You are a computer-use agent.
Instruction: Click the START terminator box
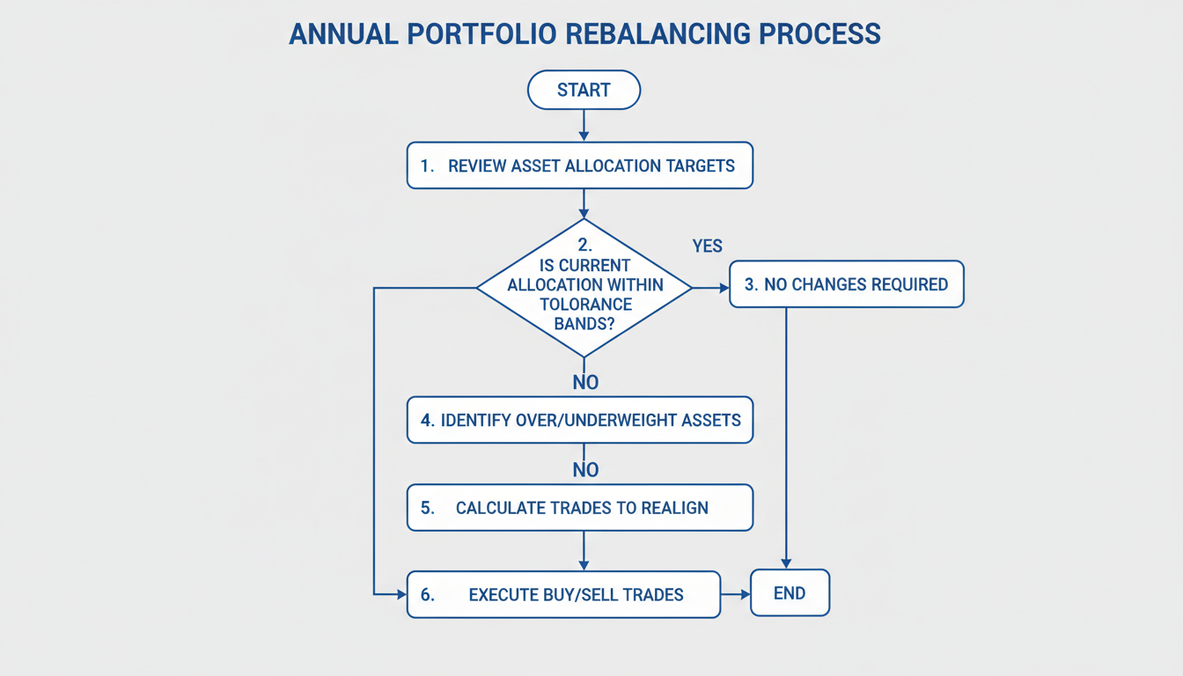583,90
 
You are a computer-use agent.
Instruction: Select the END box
790,593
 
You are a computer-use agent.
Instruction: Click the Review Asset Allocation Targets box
579,165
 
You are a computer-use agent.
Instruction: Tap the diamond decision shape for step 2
584,287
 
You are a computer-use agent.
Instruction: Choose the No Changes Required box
846,284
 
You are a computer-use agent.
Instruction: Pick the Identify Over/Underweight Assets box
579,420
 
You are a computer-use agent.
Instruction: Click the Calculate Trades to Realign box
579,508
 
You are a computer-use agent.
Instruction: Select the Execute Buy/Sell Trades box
563,594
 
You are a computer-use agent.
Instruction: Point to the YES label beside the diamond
707,246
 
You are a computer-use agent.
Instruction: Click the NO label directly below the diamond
585,382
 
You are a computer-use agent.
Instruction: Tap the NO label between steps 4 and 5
585,470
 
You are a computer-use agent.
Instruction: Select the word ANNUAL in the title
342,33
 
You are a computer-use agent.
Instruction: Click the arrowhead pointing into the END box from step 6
744,594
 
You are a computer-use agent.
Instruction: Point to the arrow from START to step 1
584,125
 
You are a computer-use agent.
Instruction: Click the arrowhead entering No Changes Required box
724,287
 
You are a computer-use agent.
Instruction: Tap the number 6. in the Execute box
428,595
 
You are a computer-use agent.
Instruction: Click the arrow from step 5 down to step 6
584,550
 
